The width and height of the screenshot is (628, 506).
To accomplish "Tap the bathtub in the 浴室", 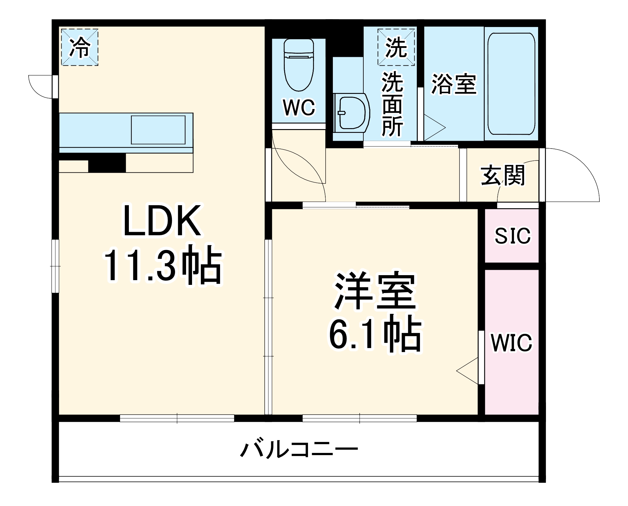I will (511, 84).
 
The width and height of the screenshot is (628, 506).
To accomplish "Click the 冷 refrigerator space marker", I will (80, 47).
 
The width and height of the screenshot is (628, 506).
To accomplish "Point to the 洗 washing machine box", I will (396, 47).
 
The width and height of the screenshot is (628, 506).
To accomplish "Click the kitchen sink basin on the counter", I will (158, 130).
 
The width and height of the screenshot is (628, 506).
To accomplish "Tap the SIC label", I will (513, 236).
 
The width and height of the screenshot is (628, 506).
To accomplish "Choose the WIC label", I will (512, 343).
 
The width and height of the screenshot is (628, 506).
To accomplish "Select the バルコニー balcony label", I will (299, 449).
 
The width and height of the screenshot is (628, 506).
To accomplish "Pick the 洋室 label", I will (375, 291).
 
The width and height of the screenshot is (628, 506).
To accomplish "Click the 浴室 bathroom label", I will (454, 84).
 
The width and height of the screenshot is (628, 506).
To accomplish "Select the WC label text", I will (299, 107).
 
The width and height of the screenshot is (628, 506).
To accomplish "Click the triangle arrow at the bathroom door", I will (434, 128).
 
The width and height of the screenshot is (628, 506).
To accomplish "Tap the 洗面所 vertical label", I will (392, 104).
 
